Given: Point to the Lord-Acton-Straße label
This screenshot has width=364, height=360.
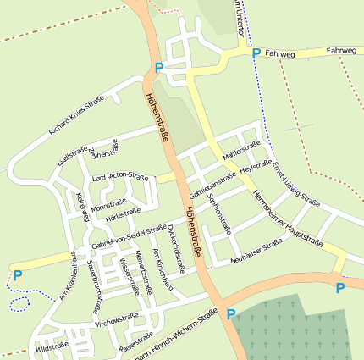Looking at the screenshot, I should tap(120, 178).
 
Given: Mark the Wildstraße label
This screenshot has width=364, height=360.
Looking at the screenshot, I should tap(53, 347).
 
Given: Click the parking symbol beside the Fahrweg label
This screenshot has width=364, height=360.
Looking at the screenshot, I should tap(256, 53).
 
